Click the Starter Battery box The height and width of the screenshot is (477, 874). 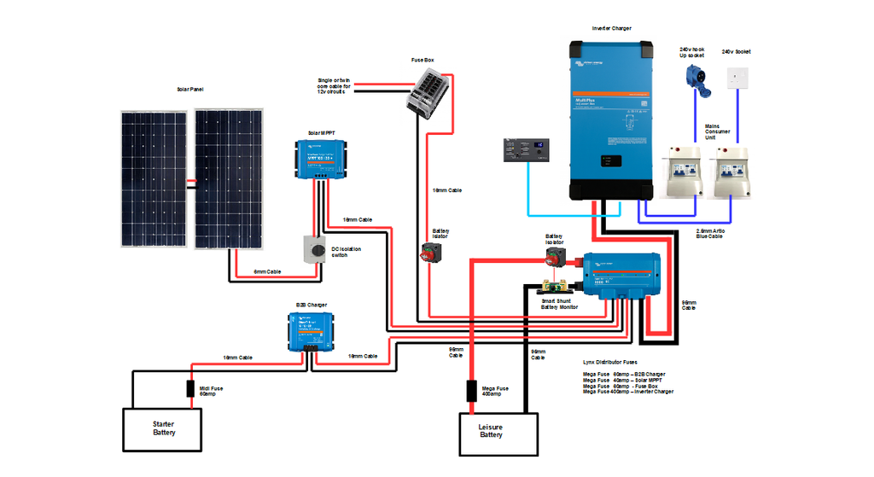[163, 429]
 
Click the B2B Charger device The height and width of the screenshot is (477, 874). [309, 329]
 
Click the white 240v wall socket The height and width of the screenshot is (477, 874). [738, 78]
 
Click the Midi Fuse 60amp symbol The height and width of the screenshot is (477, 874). [191, 388]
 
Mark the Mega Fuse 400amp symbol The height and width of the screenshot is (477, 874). [470, 391]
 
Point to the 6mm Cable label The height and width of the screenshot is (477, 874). [267, 271]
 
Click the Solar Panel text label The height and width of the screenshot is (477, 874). [190, 90]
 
